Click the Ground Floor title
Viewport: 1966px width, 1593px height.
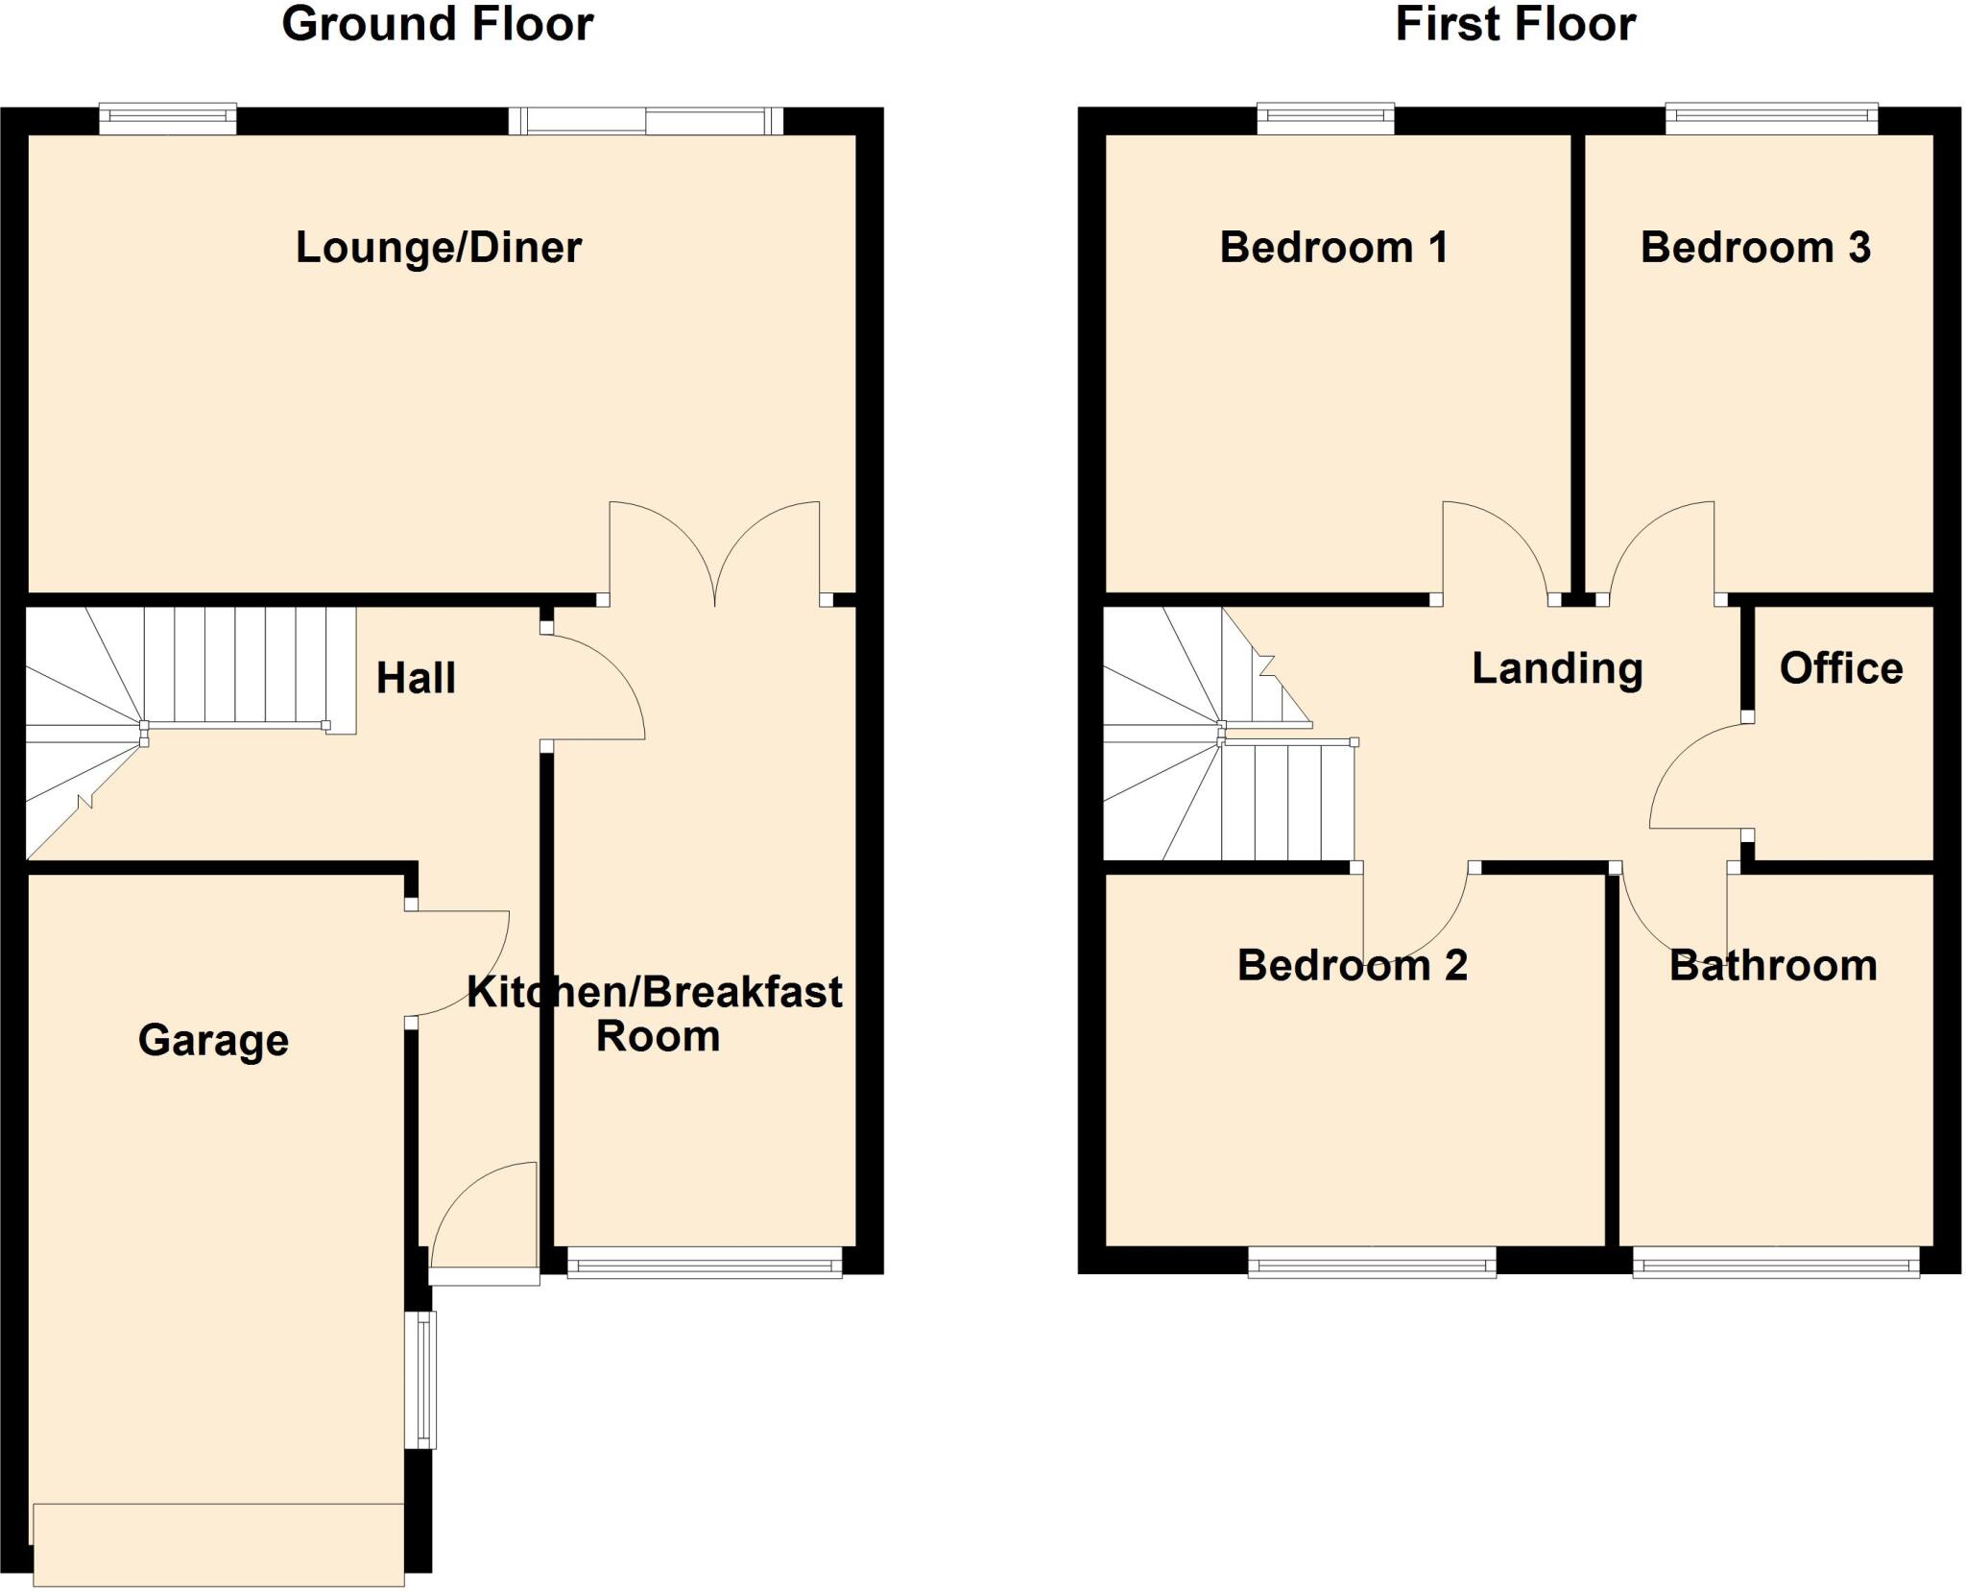(437, 25)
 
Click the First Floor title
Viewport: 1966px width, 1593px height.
(1515, 25)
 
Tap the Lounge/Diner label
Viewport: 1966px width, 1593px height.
(438, 248)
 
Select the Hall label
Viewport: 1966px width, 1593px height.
(416, 679)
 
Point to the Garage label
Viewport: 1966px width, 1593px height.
(213, 1041)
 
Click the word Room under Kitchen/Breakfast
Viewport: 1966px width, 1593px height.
(658, 1037)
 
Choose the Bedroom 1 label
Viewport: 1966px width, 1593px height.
(1333, 248)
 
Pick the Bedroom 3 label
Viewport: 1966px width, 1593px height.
(1755, 248)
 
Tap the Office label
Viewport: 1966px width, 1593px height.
(1840, 668)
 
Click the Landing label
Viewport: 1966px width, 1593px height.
(1557, 668)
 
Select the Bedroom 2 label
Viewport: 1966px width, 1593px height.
(1352, 965)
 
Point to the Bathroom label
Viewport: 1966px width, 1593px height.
(1773, 965)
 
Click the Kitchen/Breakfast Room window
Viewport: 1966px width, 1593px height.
(705, 1264)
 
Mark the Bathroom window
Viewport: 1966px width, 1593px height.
(1776, 1264)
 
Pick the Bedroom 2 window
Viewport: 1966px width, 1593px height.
(1372, 1264)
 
